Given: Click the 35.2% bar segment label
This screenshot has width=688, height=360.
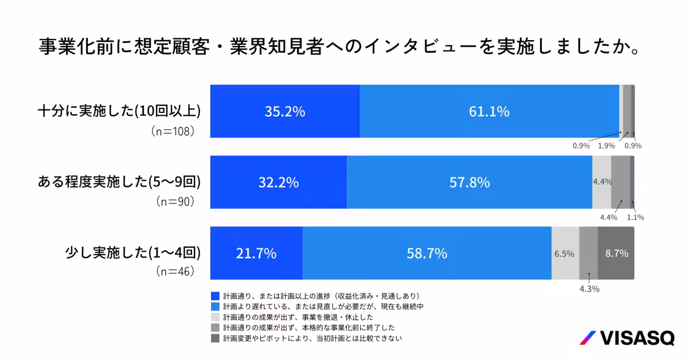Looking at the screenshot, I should point(284,112).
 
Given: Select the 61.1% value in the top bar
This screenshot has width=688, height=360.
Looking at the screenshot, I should point(489,112).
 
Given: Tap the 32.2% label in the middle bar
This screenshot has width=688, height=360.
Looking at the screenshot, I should point(278,182).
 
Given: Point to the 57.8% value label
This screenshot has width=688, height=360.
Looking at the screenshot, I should point(470,182).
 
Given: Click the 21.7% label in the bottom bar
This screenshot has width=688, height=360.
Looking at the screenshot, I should point(256,253).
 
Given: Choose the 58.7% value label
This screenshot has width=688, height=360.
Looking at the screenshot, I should point(427,253).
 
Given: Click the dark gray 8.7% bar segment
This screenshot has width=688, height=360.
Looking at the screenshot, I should point(616,253).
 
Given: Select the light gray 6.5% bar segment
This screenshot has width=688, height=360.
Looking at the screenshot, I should point(565,253).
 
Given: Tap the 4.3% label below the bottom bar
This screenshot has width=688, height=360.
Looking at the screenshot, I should point(589,289).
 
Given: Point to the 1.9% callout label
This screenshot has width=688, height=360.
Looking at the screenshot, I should point(607,146).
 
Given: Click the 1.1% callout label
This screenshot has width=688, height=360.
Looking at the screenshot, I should point(635,217).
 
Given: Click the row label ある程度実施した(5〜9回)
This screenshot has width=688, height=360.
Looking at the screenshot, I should point(119,182).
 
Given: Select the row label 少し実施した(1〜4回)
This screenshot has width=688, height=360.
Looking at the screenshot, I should point(133,253).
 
